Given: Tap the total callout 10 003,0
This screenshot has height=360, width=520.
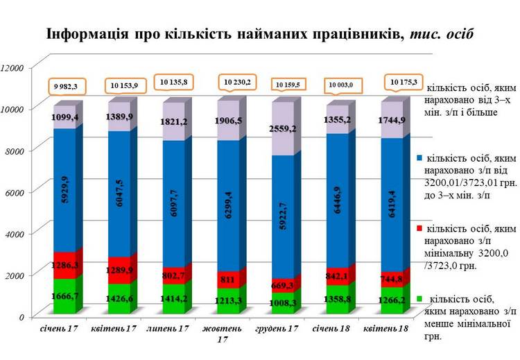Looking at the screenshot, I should click(x=341, y=85).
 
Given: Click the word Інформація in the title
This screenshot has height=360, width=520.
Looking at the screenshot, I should click(x=87, y=33).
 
